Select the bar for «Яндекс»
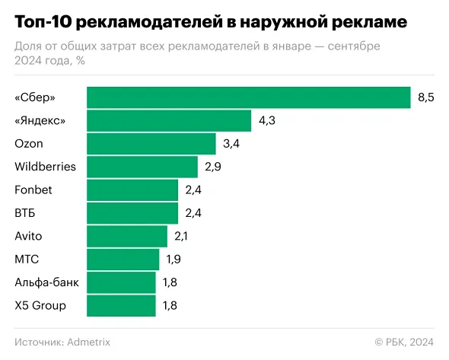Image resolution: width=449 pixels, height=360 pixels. pos(169,120)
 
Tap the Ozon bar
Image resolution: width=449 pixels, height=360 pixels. pos(151,144)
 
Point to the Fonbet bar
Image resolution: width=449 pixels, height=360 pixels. pos(132,190)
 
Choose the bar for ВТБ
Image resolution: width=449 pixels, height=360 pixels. pos(132,213)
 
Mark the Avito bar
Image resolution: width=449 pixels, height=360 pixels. pos(127,236)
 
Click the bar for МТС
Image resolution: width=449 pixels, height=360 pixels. pos(123,260)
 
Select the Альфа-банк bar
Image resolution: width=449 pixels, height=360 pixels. pos(121,282)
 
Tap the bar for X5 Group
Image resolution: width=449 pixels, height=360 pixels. pos(121,306)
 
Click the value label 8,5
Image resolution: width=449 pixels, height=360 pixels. pos(425,97)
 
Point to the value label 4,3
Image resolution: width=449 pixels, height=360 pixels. pos(266,120)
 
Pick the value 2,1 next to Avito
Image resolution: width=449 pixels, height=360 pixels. pos(180,236)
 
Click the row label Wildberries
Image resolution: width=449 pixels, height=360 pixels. pos(45,167)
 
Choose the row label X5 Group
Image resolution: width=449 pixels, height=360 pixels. pos(40,306)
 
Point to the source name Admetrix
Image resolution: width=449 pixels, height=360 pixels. pos(88,342)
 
